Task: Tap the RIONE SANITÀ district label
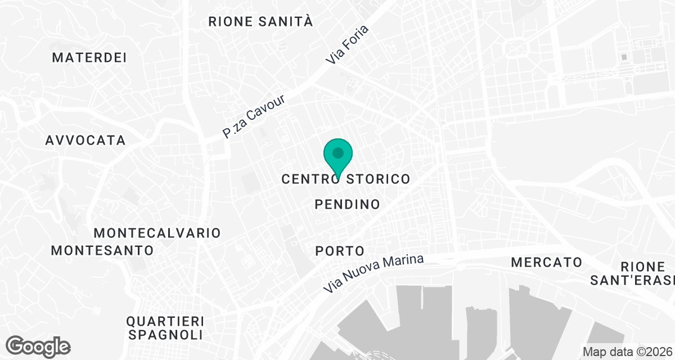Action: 260,22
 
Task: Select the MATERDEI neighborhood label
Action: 89,57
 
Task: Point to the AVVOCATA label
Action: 85,140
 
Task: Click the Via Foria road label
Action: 347,44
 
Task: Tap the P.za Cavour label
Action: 254,116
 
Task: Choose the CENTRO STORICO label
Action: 345,179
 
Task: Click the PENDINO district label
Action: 348,204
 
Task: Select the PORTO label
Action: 340,250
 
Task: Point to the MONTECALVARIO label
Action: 157,232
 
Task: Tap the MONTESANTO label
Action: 102,250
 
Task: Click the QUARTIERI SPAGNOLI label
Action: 165,328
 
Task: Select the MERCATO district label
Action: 546,262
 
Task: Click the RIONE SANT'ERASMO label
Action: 647,273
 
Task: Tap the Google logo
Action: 38,346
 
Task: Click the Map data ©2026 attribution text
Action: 627,352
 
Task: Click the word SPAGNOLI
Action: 165,335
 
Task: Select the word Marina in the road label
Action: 402,265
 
